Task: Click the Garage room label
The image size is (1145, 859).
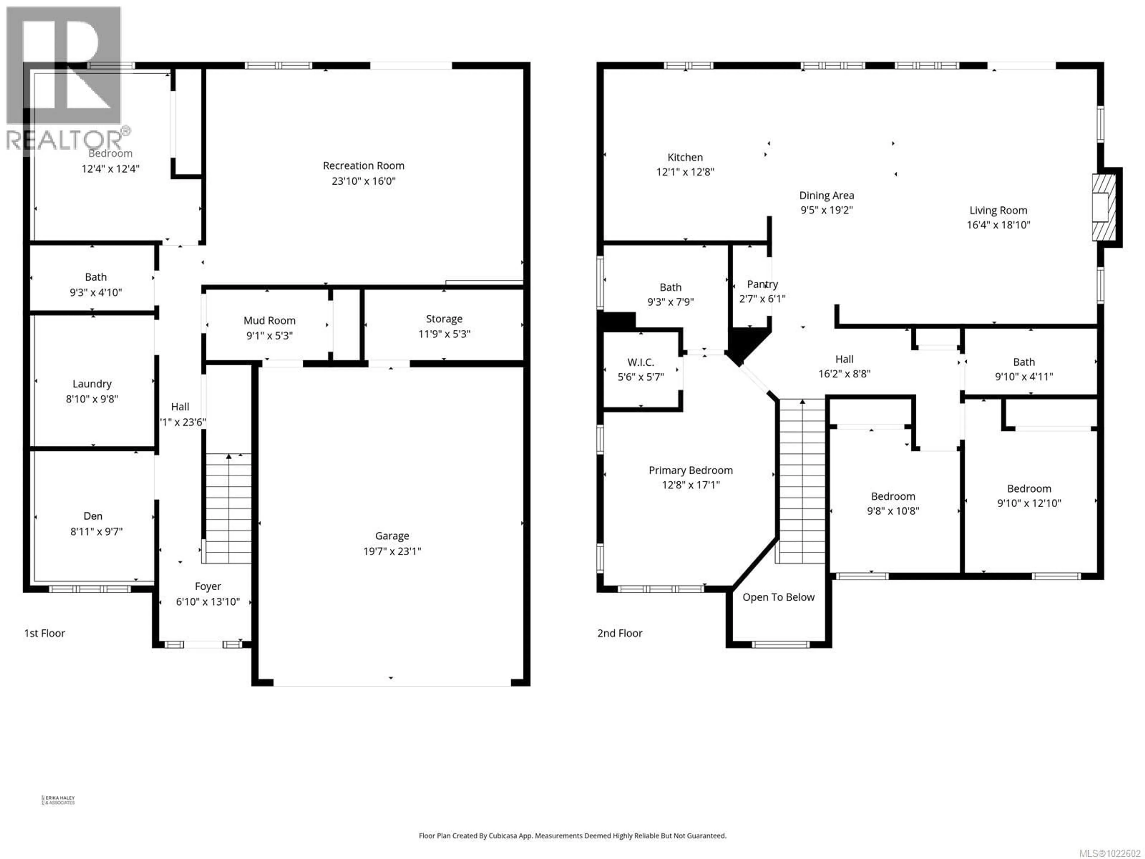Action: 392,536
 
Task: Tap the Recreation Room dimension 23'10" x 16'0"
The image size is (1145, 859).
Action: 363,181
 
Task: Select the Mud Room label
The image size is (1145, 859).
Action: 269,321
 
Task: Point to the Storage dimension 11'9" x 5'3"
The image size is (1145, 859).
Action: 444,334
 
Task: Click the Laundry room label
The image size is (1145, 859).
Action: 92,384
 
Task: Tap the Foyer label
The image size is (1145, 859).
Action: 208,586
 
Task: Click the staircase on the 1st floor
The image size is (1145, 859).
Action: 228,507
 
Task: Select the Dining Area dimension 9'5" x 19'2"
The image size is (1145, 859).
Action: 826,210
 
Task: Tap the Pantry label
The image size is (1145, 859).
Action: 762,284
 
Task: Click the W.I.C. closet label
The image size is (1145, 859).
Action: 640,362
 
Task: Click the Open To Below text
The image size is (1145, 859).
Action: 778,597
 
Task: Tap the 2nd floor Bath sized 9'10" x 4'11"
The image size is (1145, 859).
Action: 1023,362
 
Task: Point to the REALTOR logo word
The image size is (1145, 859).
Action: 65,140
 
